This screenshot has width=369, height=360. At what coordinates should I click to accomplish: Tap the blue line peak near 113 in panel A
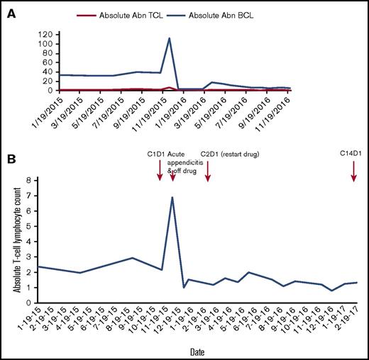pos(169,38)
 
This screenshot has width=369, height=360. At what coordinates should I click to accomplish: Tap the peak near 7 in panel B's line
pos(172,198)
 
